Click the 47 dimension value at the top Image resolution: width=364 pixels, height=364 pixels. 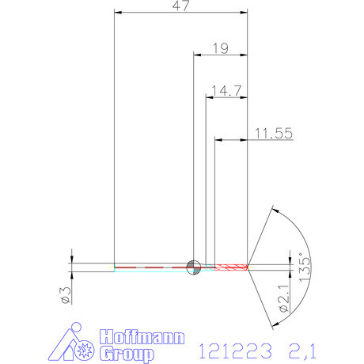181,6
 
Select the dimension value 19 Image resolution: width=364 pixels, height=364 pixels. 221,48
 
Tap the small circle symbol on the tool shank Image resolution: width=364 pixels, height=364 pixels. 192,267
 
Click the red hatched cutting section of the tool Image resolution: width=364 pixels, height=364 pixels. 230,266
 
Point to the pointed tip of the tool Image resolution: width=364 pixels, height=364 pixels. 248,266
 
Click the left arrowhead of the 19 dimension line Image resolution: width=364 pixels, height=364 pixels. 198,55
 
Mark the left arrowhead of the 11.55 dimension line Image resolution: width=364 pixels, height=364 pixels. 220,141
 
